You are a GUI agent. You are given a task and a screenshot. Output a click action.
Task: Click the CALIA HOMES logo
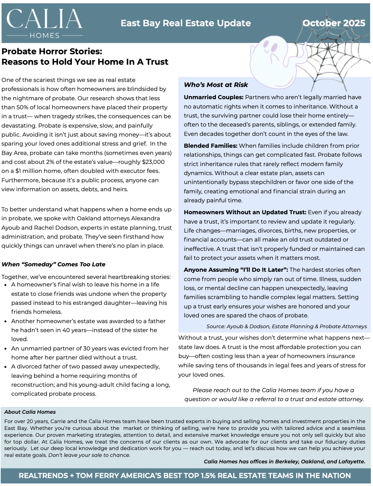(x=45, y=23)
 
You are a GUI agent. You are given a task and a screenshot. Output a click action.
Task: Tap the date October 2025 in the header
(x=334, y=23)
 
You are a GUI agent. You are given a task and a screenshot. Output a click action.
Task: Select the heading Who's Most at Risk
(x=216, y=85)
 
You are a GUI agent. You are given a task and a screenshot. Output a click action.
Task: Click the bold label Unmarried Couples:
(x=213, y=97)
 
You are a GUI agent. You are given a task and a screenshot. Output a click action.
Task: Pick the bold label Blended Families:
(x=211, y=146)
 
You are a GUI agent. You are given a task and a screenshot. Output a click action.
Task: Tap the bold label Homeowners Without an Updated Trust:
(x=245, y=212)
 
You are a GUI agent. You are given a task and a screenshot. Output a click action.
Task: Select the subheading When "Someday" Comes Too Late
(x=53, y=265)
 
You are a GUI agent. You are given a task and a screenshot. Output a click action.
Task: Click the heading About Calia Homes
(x=30, y=412)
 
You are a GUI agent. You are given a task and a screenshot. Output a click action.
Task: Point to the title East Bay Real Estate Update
(x=185, y=23)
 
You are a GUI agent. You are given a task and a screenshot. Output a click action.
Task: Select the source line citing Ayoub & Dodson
(x=286, y=326)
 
